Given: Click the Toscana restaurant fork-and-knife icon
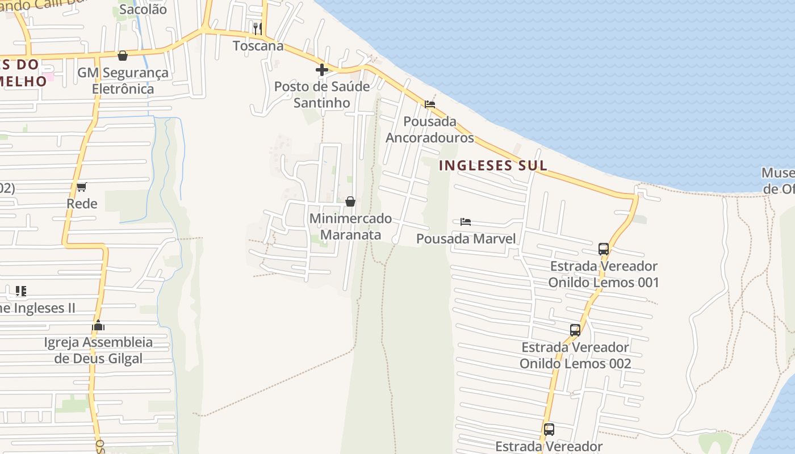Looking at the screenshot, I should (x=257, y=28).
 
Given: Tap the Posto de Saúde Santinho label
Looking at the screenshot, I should (x=321, y=95).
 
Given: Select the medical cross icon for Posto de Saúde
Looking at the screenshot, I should (x=322, y=70).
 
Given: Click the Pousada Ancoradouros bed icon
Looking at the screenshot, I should (x=430, y=104).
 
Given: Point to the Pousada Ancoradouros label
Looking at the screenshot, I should (x=429, y=129).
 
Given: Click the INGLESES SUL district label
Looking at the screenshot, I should (x=493, y=165).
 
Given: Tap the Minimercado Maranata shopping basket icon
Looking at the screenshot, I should (x=350, y=201).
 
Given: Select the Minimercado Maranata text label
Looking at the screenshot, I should (x=350, y=226).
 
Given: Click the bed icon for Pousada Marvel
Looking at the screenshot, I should (x=466, y=221).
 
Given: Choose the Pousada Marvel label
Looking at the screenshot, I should (x=466, y=239).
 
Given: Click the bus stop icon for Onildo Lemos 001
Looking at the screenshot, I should (x=604, y=249).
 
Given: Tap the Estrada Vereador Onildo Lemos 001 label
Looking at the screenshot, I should (x=604, y=274).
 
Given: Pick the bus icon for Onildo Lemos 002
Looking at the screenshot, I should (x=575, y=330).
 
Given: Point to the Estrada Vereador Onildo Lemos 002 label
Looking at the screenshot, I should (x=575, y=355).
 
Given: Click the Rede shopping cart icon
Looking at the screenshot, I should (x=82, y=187).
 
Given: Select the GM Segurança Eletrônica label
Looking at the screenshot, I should (x=123, y=81).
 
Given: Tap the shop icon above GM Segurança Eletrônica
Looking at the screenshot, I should (x=122, y=56).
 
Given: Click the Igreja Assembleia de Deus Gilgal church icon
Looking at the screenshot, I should (x=98, y=326).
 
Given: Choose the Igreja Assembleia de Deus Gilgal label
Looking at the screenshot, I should (x=98, y=351).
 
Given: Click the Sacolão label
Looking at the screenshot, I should (x=143, y=10).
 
